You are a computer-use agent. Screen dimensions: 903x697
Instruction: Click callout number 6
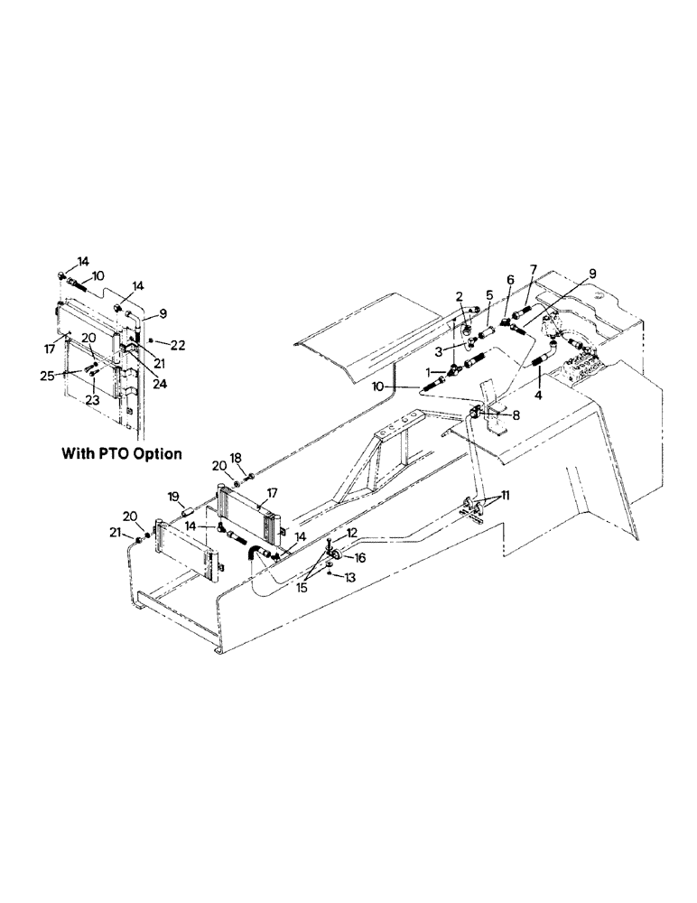[x=510, y=281]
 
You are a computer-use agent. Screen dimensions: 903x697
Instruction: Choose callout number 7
[x=534, y=269]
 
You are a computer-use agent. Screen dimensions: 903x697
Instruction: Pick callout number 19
[x=173, y=496]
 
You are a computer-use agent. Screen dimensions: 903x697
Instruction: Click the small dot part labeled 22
[x=152, y=341]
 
